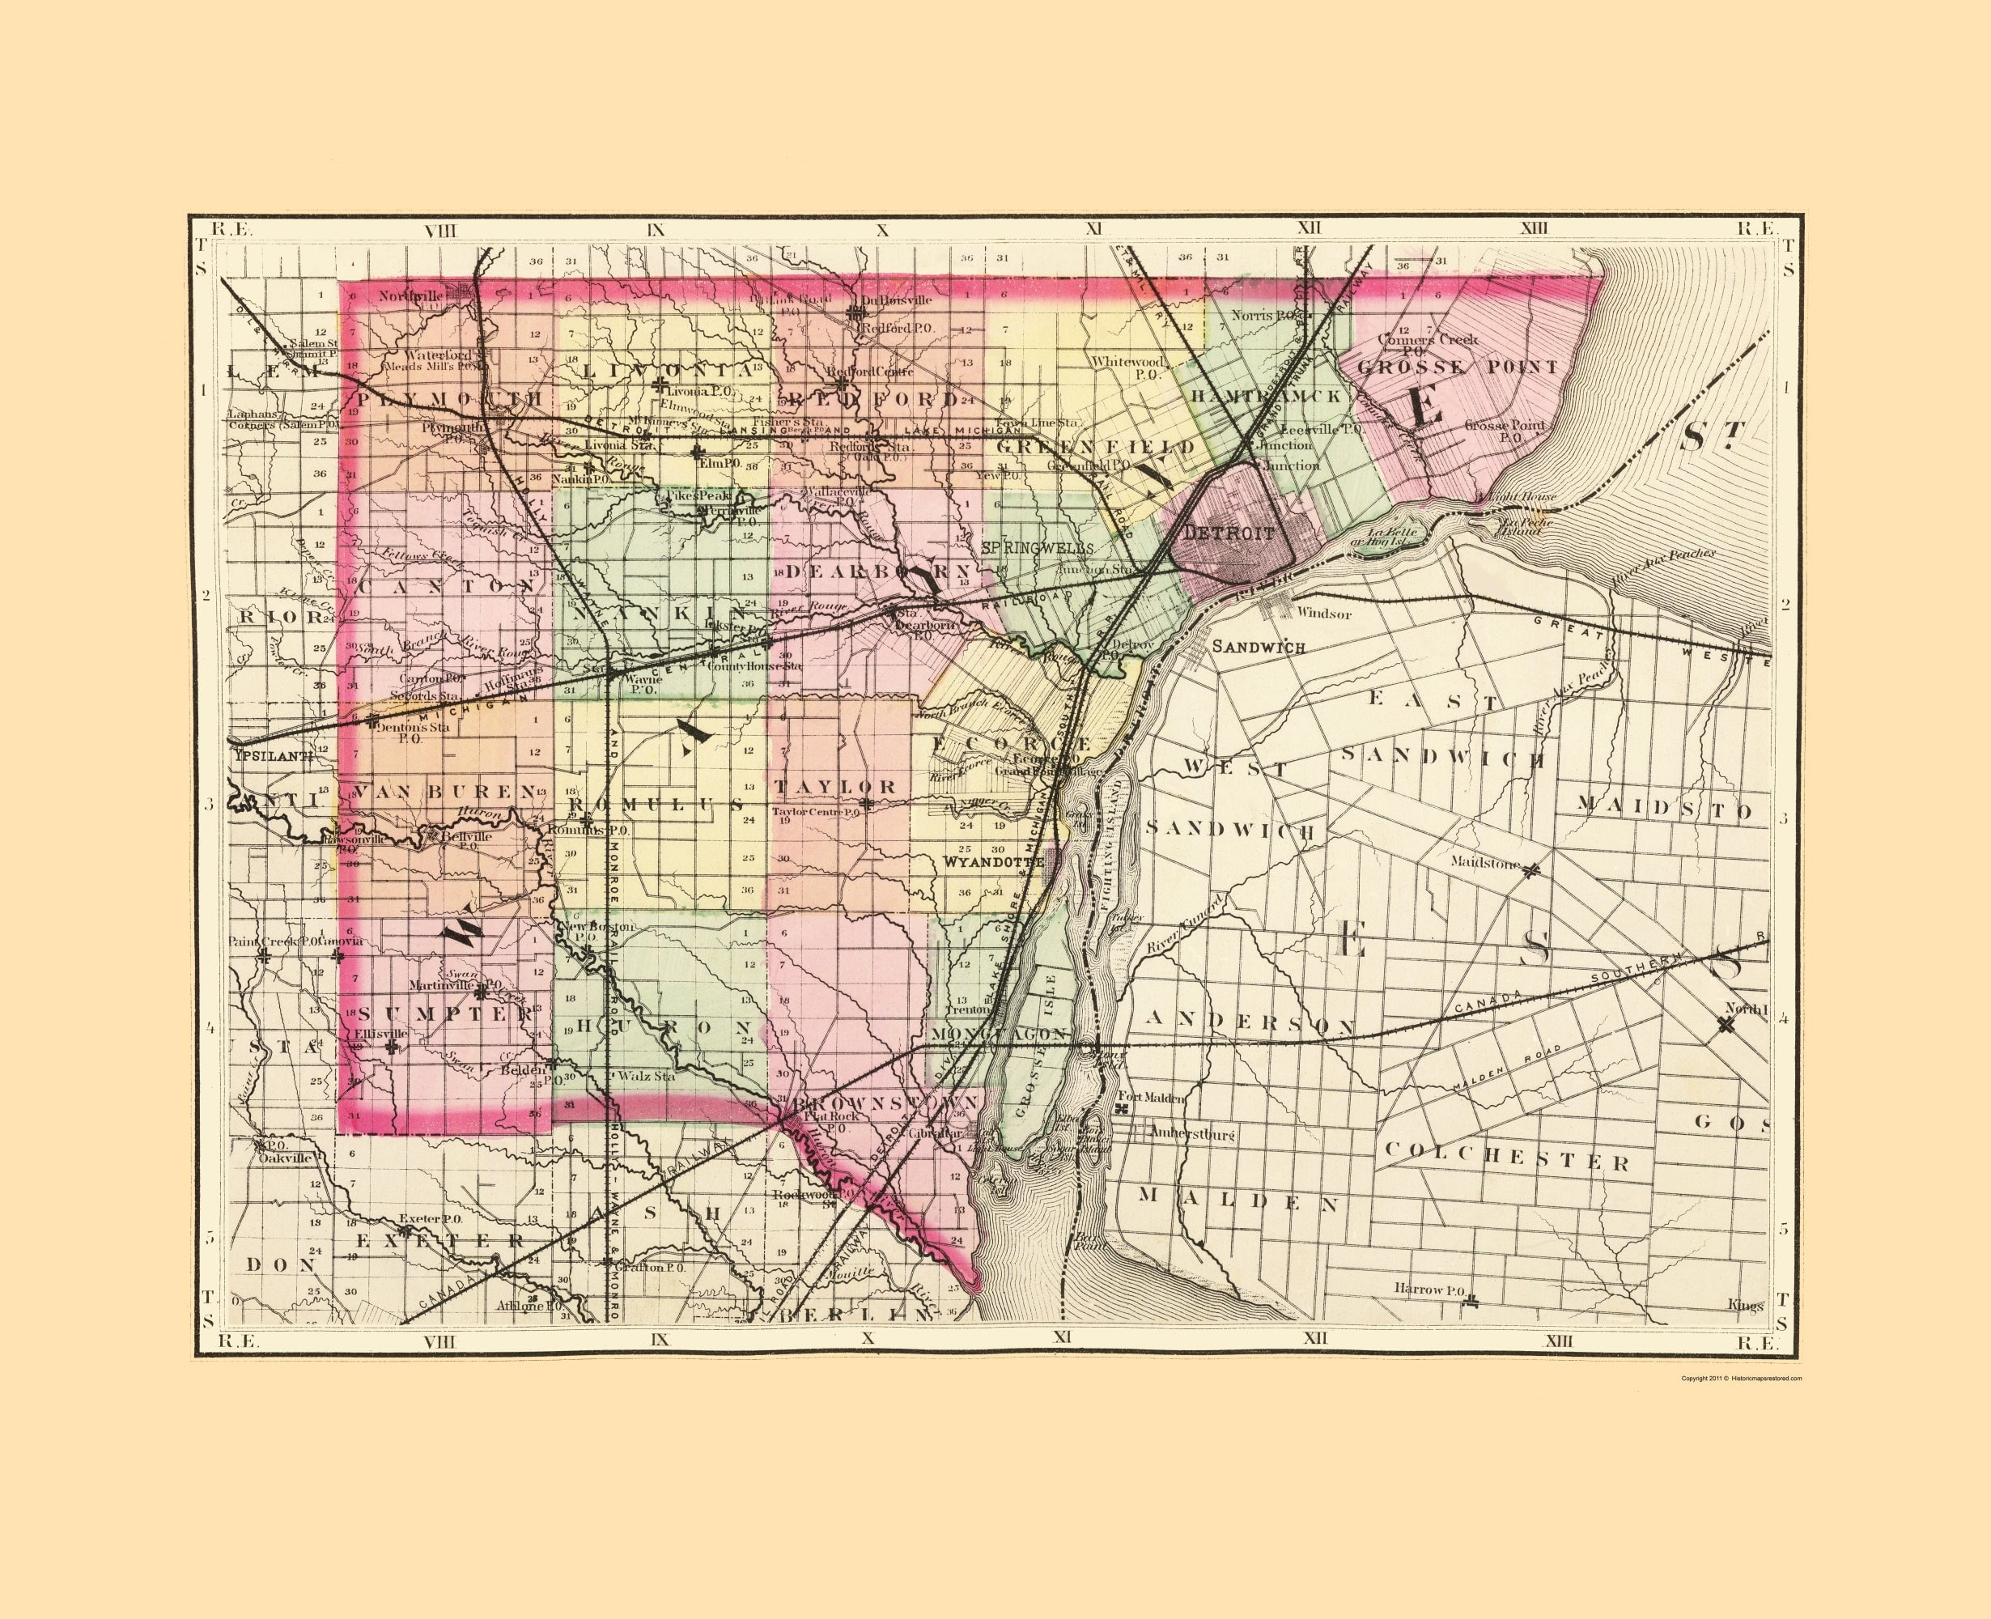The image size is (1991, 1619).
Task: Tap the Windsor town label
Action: point(1324,614)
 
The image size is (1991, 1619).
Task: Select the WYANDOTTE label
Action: point(993,862)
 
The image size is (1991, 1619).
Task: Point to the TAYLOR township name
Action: point(834,786)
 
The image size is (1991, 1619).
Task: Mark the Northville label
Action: point(411,295)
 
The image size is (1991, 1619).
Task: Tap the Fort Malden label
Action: point(1152,1098)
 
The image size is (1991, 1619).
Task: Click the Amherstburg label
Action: point(1192,1134)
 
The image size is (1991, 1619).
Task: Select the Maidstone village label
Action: point(1485,863)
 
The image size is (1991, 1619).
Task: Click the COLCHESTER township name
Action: point(1507,1158)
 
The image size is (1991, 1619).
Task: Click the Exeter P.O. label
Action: point(431,1218)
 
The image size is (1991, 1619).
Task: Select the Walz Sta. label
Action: point(646,1075)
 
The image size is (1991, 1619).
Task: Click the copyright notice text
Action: point(1741,1378)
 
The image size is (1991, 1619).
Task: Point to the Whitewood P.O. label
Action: point(1128,367)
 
